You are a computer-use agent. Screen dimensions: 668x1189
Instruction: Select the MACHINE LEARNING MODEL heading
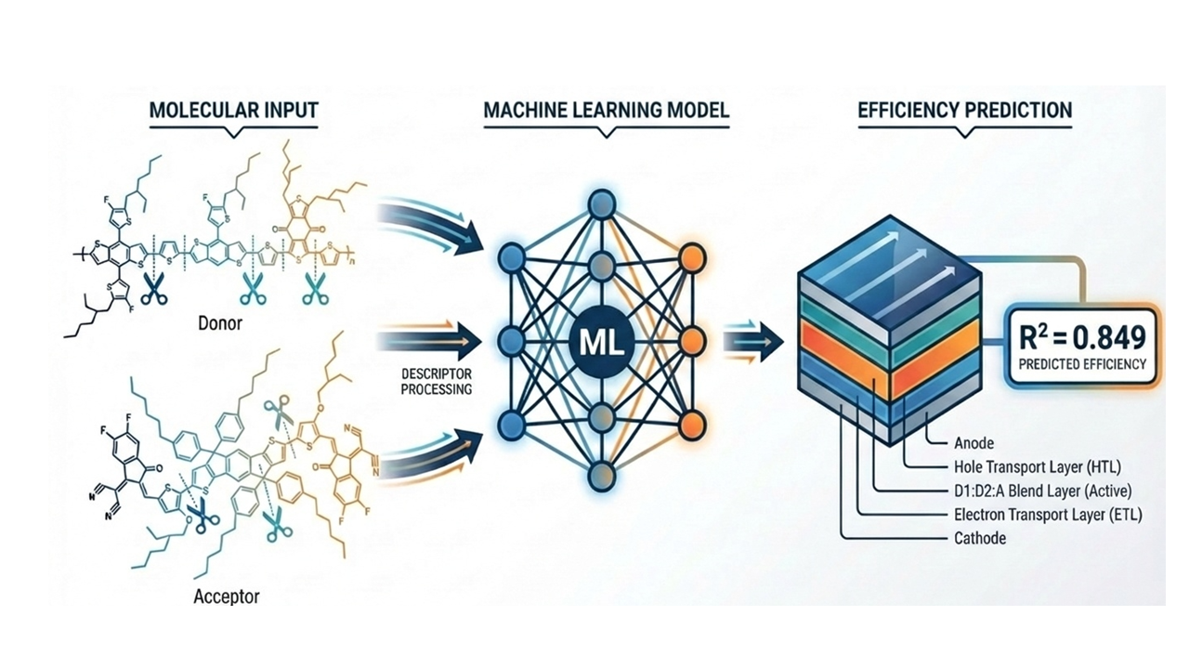pos(606,110)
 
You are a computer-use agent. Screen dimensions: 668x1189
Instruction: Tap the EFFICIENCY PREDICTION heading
pos(965,110)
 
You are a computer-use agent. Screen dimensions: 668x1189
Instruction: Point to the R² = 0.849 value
pos(1083,337)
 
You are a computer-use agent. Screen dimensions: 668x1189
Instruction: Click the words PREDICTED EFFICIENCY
pos(1083,364)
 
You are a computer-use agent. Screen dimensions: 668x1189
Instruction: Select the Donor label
pos(221,325)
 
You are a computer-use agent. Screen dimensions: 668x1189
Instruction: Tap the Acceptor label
pos(226,596)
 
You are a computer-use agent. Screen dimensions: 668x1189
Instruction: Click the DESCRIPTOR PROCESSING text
pos(436,382)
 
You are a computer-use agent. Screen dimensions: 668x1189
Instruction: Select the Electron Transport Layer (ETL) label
pos(1048,515)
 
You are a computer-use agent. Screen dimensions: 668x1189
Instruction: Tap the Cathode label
pos(979,539)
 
